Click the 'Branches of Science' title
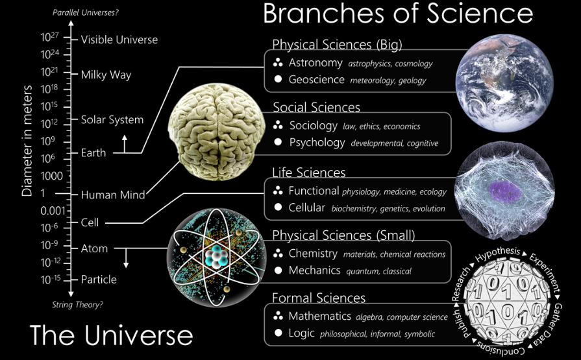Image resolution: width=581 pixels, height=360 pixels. pos(397,14)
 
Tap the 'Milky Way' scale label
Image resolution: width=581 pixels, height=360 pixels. pos(106,75)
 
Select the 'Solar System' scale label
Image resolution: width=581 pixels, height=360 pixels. pos(112,119)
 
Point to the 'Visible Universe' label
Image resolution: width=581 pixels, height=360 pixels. pos(119,40)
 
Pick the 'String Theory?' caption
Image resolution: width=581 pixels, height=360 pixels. pos(77,304)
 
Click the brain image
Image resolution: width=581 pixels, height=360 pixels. pos(217,133)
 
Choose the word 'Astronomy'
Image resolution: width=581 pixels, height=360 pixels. pos(315,63)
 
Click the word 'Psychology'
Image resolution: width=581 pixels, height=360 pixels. pos(317,142)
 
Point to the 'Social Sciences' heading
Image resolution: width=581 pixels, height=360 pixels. pos(316,107)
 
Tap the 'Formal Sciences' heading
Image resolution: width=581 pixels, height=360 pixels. pos(319,298)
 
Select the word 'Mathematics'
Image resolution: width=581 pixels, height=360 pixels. pos(319,317)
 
